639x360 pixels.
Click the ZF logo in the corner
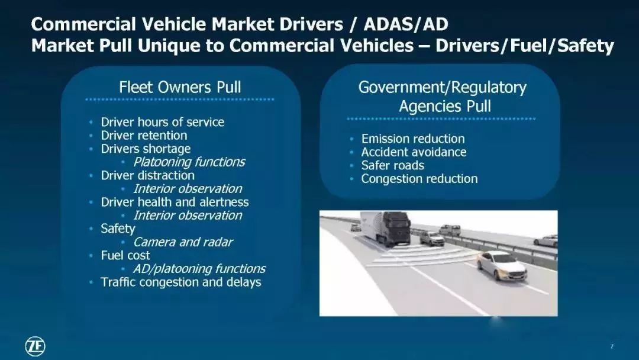(x=35, y=346)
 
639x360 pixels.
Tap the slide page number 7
(x=612, y=346)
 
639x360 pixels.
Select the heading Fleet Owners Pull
(x=180, y=87)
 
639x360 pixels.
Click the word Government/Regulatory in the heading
(x=442, y=88)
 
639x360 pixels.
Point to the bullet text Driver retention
(x=144, y=136)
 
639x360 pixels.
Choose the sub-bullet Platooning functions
(x=189, y=162)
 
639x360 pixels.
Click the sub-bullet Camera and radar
(x=183, y=242)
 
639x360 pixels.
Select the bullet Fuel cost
(x=125, y=255)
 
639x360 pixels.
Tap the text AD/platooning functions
(x=199, y=269)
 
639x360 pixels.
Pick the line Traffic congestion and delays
(x=181, y=282)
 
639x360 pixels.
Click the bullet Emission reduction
(x=413, y=139)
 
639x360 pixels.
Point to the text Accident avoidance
(x=414, y=152)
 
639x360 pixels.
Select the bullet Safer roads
(x=392, y=166)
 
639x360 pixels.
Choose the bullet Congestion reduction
(x=419, y=179)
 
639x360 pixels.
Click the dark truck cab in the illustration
(x=396, y=229)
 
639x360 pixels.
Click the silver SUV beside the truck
(x=432, y=239)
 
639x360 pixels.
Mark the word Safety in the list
(x=118, y=229)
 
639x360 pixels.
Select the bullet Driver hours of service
(x=162, y=123)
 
